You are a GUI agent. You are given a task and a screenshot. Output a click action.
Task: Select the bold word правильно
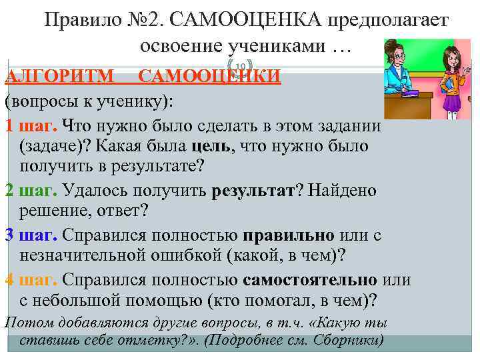point(289,235)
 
